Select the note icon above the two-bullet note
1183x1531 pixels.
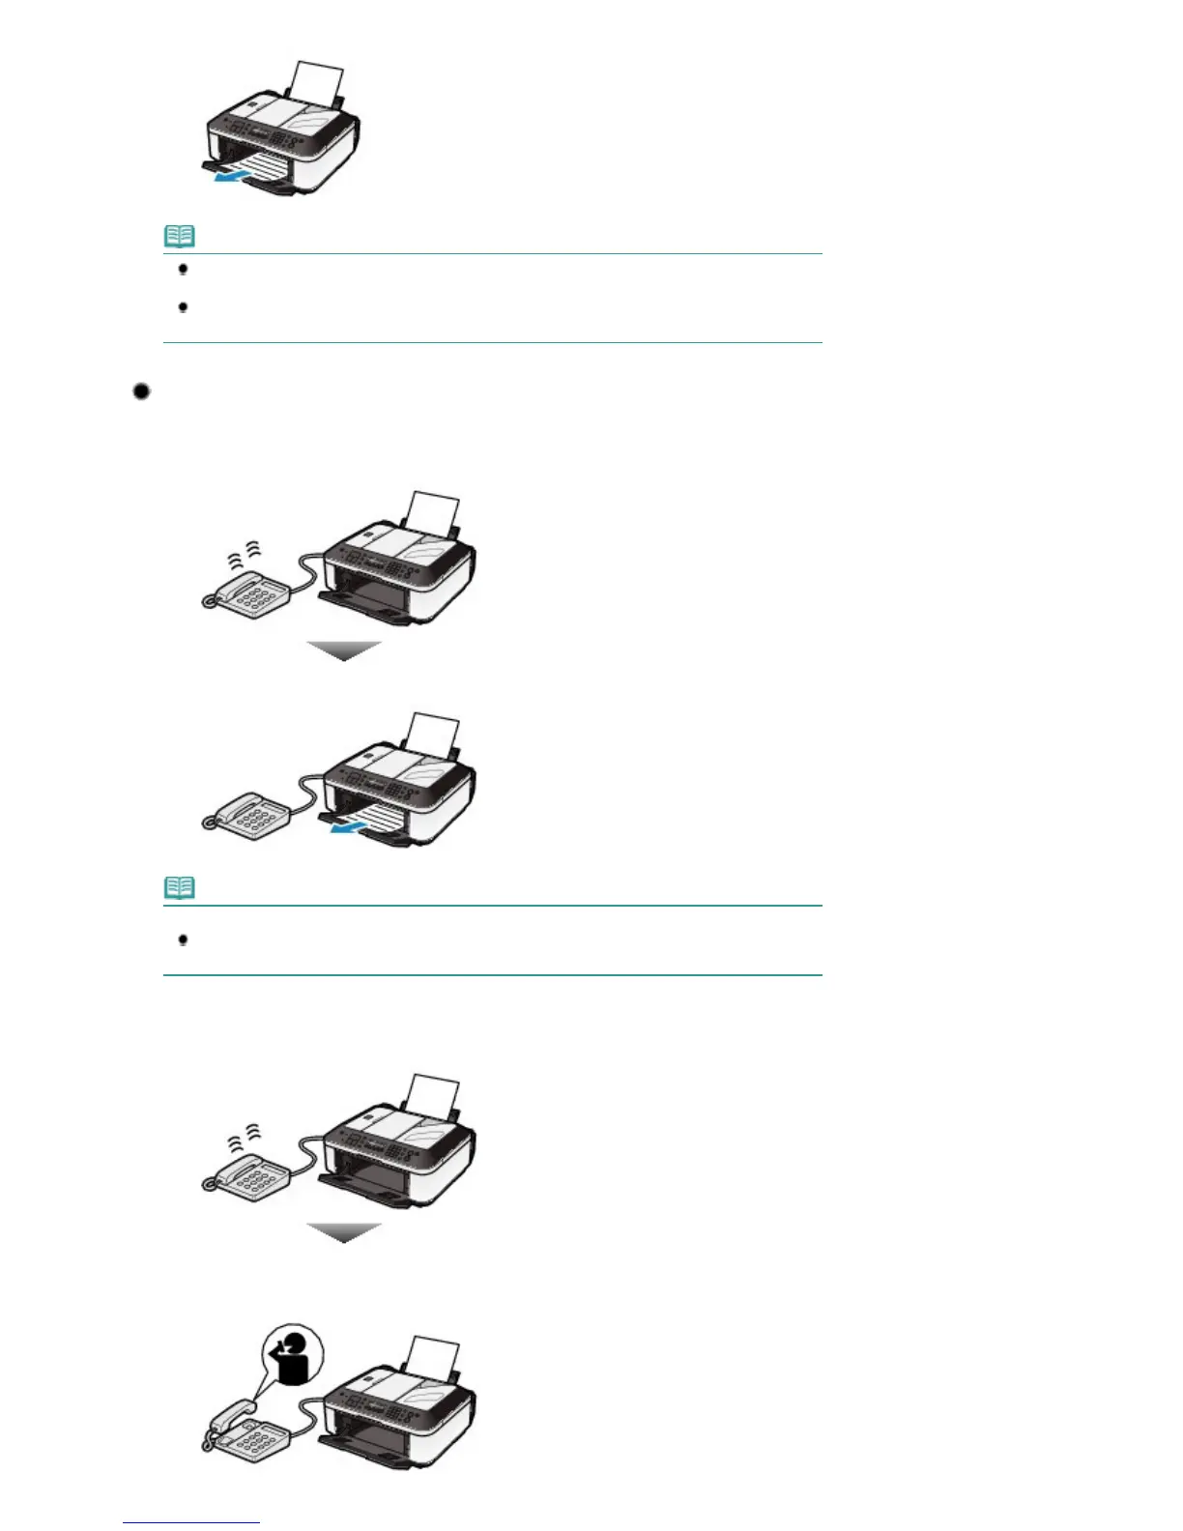[180, 236]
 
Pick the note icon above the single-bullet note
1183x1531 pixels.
[180, 887]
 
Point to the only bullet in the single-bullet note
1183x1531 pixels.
[183, 939]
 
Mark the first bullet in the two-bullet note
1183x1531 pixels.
[183, 270]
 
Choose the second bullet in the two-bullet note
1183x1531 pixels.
[183, 307]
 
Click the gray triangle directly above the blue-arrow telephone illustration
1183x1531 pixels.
[344, 650]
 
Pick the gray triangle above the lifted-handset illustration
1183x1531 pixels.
[344, 1232]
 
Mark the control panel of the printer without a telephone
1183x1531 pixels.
[259, 132]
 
